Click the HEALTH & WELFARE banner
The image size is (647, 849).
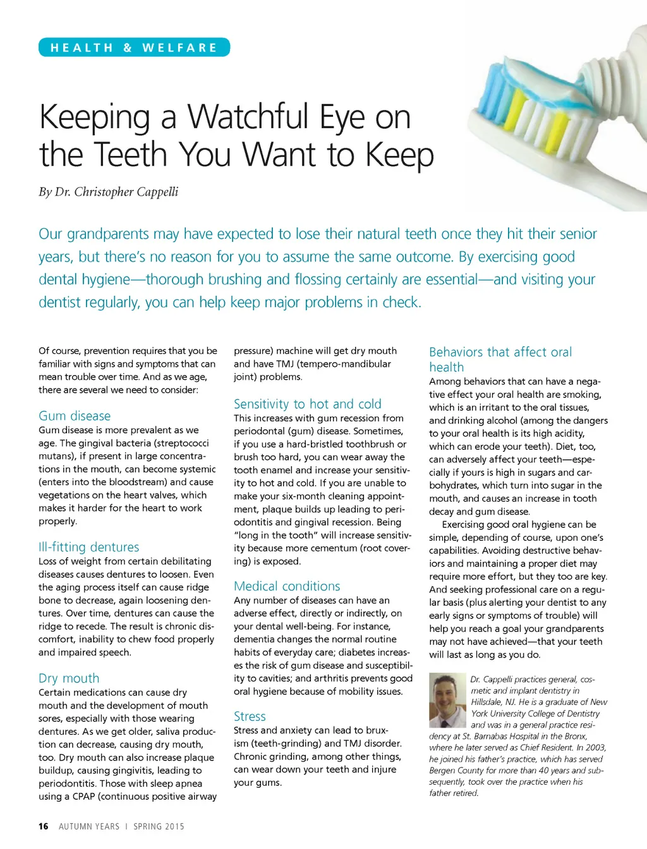click(x=134, y=47)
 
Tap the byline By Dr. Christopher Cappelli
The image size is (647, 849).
click(x=108, y=192)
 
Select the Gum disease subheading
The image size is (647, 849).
click(x=75, y=416)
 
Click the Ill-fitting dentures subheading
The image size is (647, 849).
click(x=88, y=547)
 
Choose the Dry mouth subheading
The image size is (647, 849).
click(x=69, y=678)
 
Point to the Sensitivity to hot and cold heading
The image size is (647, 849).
click(x=307, y=404)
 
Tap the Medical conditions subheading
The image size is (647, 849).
click(x=287, y=586)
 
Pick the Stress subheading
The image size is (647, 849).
click(x=250, y=716)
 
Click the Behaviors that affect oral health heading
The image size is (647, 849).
click(x=500, y=359)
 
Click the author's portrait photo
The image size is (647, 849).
click(x=447, y=701)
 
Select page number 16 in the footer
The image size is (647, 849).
click(x=43, y=826)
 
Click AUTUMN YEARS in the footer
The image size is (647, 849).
click(x=89, y=826)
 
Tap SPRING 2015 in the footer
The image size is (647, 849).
click(x=159, y=826)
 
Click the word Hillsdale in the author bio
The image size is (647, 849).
click(x=488, y=702)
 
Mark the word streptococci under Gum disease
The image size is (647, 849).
click(x=179, y=443)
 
